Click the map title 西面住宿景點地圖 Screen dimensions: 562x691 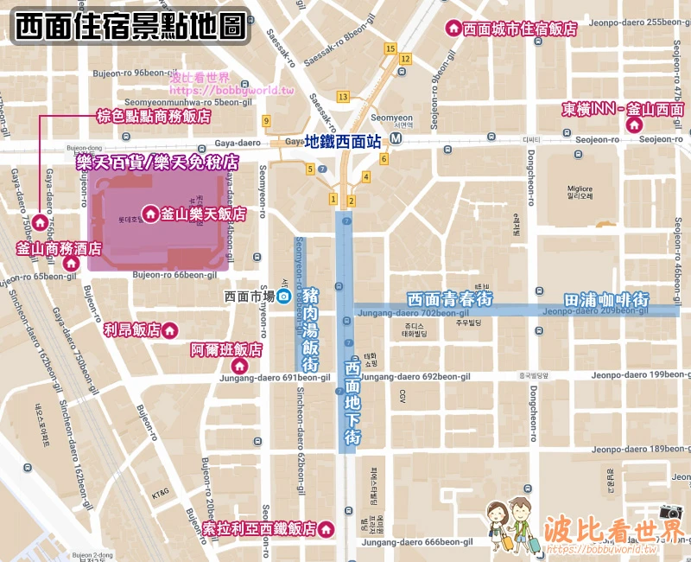[130, 26]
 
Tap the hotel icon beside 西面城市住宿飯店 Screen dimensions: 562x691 [452, 29]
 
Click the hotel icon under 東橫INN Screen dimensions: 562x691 [634, 126]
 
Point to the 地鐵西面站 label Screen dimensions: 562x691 [343, 142]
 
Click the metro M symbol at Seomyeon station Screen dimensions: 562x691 [396, 138]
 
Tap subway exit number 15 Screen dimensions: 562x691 [390, 48]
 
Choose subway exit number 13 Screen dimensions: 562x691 [343, 96]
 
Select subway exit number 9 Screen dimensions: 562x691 [267, 120]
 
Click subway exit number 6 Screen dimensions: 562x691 [384, 158]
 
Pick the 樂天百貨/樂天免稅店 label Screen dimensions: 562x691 [152, 162]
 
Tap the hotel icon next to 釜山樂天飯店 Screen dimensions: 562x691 [149, 213]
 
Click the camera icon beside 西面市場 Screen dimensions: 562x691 [282, 297]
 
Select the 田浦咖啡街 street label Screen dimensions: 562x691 [605, 298]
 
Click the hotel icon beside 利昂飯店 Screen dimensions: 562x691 [170, 329]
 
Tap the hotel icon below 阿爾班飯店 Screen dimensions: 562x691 [240, 367]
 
